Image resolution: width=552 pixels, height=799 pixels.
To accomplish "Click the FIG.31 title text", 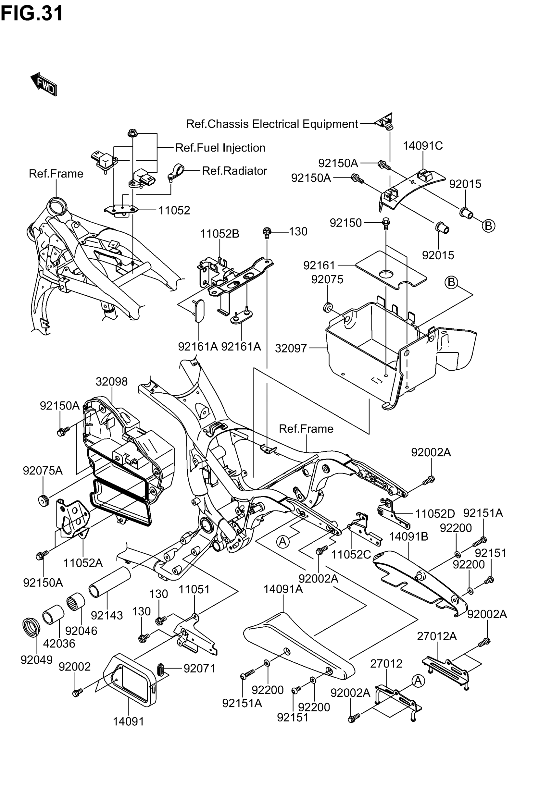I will (x=32, y=13).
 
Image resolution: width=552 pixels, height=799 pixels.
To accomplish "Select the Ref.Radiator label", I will (x=234, y=171).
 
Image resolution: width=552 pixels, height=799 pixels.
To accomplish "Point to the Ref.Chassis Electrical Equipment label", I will (x=272, y=124).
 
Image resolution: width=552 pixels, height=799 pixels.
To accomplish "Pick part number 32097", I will (x=291, y=348).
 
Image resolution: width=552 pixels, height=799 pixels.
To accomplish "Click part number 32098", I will (x=111, y=382).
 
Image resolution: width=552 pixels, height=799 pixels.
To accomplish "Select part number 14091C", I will (x=422, y=146).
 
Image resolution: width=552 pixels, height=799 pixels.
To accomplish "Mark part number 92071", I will (x=199, y=669).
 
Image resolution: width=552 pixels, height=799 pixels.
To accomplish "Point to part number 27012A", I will (x=436, y=636).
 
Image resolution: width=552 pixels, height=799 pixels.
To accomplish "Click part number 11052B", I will (x=219, y=234).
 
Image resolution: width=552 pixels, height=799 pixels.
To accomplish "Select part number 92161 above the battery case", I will (x=319, y=265).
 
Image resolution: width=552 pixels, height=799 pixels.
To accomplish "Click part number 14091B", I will (x=408, y=537).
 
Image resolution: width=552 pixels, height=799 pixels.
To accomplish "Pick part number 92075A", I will (x=43, y=470).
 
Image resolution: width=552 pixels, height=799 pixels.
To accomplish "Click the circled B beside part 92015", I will (x=488, y=226).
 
